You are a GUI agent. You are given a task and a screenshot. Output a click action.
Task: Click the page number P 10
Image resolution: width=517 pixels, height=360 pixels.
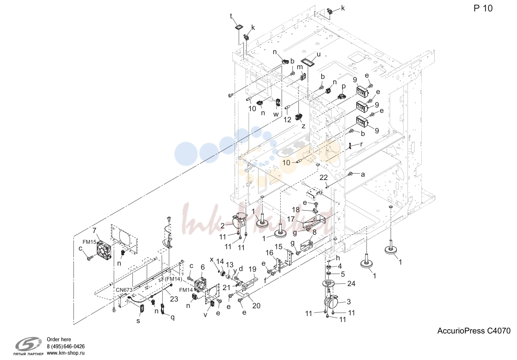coord(483,8)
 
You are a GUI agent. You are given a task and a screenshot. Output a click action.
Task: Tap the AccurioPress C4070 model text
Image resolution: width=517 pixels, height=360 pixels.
coord(474,331)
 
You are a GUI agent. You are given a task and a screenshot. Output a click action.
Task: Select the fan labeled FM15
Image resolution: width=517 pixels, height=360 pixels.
coord(104,250)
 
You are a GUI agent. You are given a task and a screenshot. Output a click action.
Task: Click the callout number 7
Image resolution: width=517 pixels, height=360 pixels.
coord(94,230)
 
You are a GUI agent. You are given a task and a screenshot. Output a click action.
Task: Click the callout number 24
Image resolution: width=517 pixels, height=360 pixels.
coord(351,283)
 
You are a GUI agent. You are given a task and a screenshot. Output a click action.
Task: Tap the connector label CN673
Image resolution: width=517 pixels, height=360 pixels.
coord(124,290)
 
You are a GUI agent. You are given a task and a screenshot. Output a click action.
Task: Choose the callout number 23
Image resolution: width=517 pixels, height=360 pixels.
coord(174,299)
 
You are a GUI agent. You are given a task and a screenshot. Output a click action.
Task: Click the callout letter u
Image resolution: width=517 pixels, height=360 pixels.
coord(319,55)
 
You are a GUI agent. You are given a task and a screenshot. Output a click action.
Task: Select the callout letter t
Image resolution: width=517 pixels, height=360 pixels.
coord(231,16)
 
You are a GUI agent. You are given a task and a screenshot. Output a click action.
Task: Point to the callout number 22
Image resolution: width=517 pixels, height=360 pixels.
coord(324,177)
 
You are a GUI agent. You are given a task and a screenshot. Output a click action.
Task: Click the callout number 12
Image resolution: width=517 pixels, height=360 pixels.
coord(287,120)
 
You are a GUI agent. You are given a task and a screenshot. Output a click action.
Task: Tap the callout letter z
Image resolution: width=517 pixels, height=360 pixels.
coord(303,126)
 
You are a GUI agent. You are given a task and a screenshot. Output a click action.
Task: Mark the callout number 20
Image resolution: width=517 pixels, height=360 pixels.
coord(256,306)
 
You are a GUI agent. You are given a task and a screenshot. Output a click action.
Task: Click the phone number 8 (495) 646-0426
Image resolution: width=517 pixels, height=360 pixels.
coord(66,347)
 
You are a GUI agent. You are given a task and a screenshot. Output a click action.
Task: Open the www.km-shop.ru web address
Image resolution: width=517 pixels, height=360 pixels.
coord(66,353)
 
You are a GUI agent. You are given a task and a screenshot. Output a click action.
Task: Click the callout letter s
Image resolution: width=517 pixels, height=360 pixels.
coord(138,321)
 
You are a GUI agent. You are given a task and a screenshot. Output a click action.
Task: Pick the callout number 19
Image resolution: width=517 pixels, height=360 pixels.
coord(252,269)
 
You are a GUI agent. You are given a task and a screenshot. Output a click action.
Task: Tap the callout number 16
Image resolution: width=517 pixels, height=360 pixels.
coord(269,253)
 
